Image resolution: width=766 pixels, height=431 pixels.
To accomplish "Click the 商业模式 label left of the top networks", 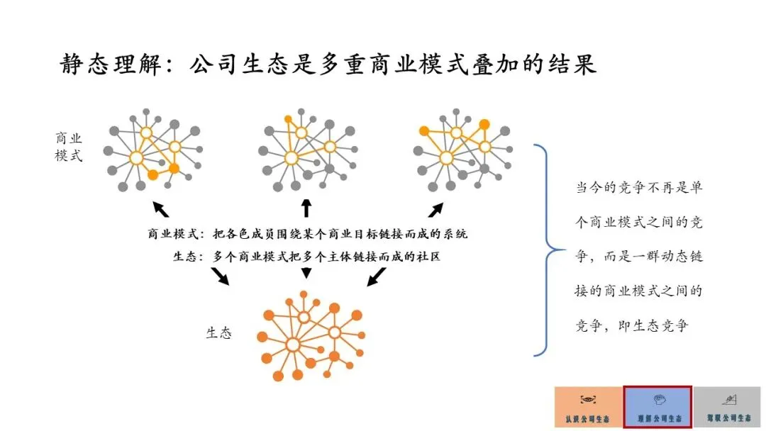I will (69, 146).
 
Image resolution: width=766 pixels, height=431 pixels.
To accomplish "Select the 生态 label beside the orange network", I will (218, 332).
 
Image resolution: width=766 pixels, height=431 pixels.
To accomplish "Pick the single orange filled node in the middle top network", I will (288, 118).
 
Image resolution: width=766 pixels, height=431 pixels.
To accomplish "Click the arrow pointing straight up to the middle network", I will (306, 208).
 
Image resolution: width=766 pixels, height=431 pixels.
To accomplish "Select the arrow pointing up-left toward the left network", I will (161, 208).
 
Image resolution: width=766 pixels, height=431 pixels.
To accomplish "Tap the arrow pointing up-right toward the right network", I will (435, 209).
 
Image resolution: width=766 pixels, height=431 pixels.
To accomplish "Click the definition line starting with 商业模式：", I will (307, 233).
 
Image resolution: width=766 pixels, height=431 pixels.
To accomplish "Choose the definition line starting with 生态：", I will (306, 257).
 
